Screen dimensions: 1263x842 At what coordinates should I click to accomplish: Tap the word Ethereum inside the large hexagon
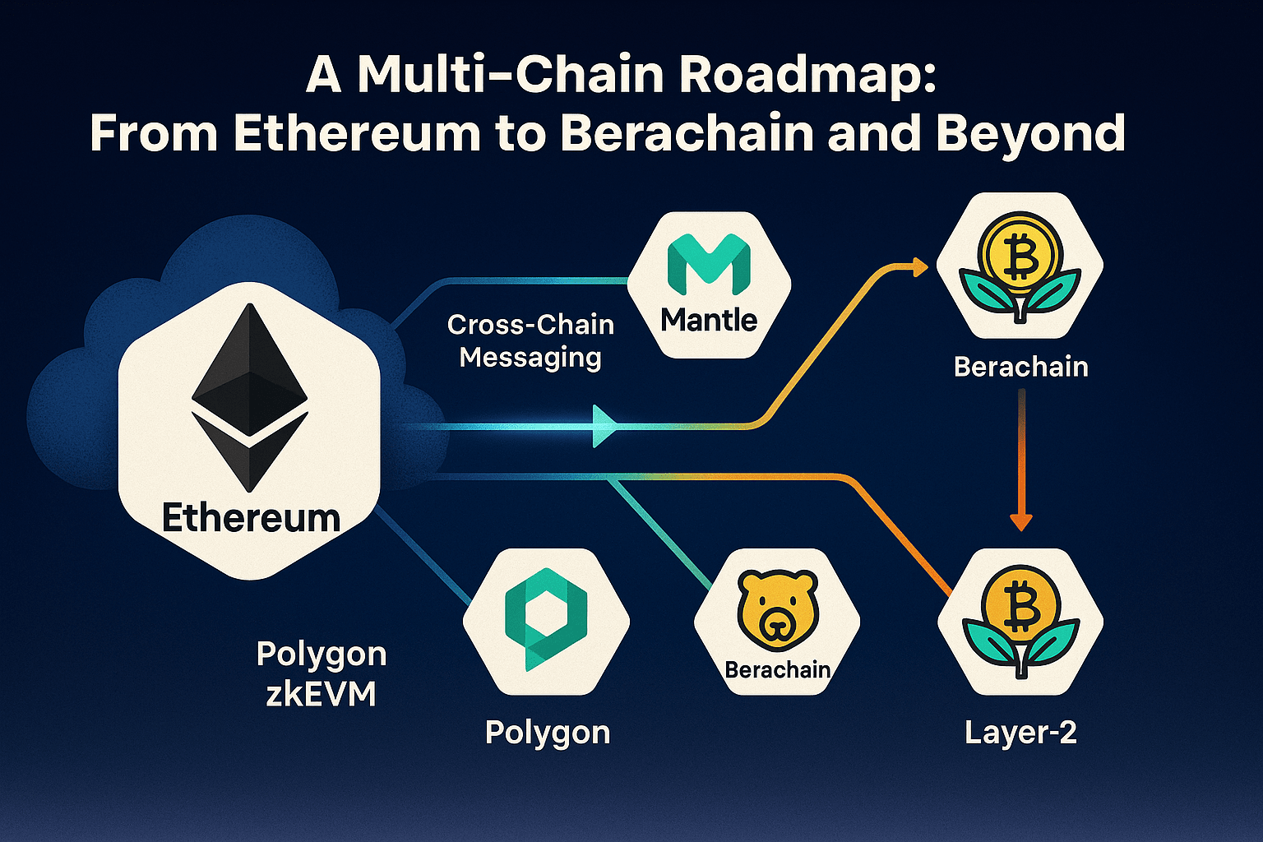[x=251, y=518]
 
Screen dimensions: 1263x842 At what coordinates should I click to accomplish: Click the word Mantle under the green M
[x=709, y=320]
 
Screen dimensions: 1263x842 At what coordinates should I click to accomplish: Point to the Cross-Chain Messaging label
[x=530, y=341]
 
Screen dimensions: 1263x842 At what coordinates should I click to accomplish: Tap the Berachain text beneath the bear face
[x=777, y=670]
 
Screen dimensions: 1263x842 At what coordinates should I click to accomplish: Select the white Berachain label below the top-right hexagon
[x=1020, y=367]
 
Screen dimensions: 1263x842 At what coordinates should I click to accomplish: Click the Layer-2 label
[x=1020, y=732]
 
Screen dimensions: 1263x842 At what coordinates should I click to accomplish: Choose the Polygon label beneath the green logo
[x=548, y=732]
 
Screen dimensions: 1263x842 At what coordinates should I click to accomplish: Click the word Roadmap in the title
[x=808, y=75]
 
